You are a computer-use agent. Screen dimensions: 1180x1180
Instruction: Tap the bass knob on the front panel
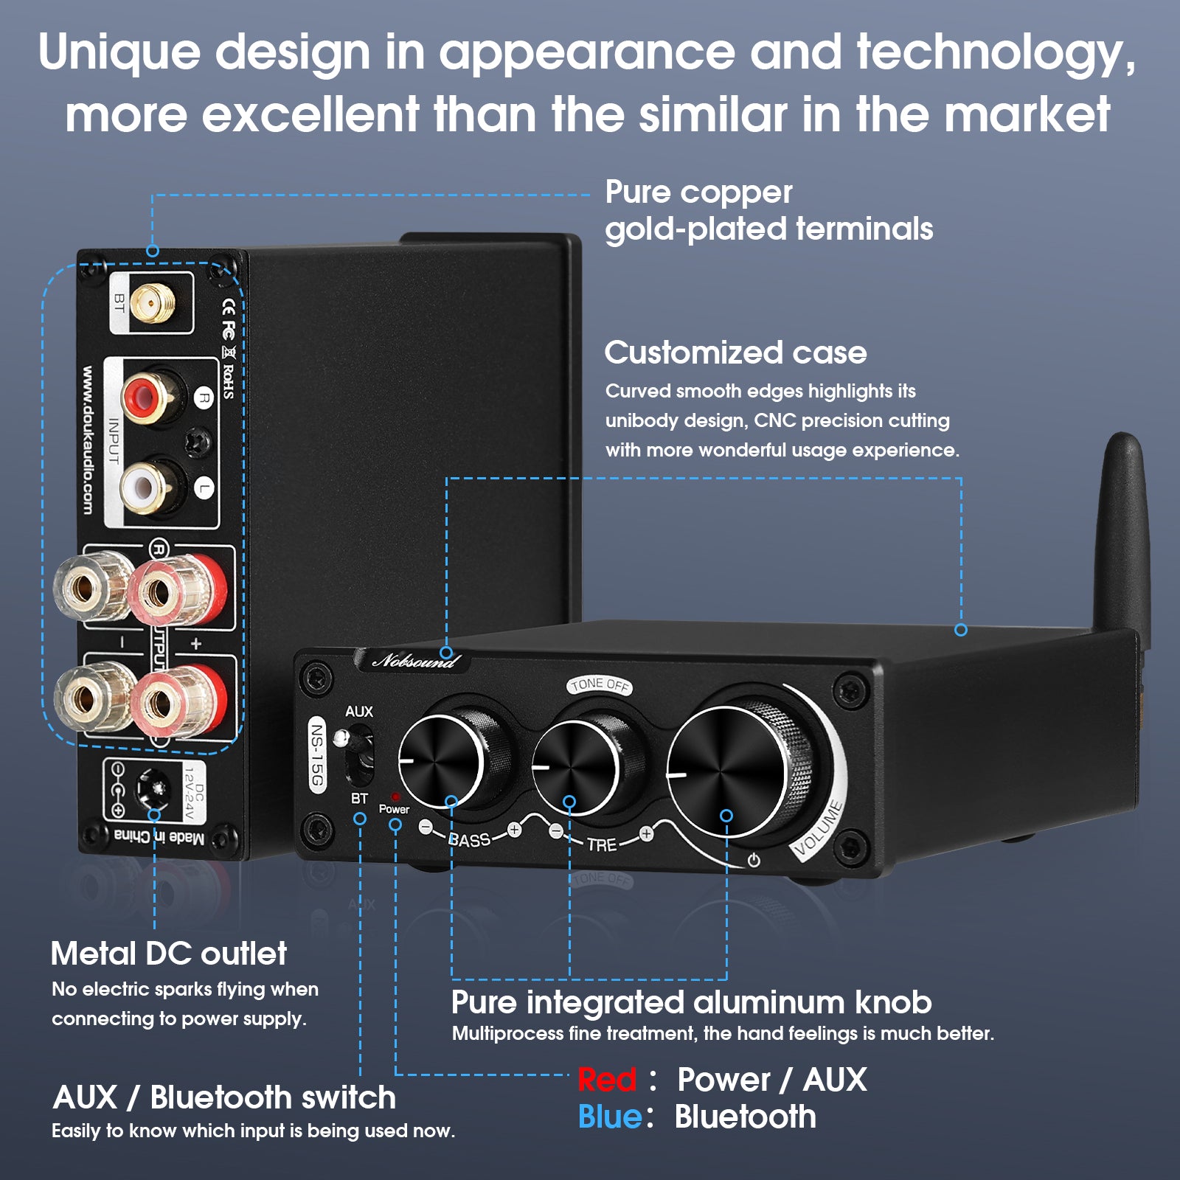point(451,760)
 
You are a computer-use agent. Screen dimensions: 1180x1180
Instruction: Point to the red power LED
point(395,797)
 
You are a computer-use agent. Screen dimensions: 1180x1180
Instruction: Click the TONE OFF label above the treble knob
point(600,685)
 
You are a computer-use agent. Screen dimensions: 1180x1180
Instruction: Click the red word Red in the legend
point(606,1080)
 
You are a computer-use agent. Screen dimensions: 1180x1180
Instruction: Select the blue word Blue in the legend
point(611,1117)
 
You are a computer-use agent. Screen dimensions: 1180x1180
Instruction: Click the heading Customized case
point(735,353)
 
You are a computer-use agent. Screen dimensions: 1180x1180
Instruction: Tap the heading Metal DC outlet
point(169,954)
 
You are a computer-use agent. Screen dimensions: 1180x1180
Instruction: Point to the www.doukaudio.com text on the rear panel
point(87,440)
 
